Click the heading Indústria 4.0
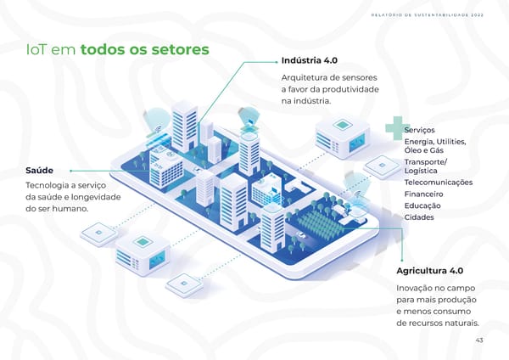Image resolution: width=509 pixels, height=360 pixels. click(310, 60)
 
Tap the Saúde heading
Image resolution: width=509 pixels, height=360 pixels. click(39, 171)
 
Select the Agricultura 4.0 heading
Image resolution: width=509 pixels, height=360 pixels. click(429, 271)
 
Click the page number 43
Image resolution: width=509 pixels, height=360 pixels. click(479, 340)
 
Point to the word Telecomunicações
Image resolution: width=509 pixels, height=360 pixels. click(439, 183)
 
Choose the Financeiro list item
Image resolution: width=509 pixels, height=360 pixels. click(423, 194)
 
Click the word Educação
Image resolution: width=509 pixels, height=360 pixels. click(422, 205)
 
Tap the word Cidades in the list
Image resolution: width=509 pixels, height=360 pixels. click(419, 217)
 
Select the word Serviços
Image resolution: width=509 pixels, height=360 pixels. click(419, 130)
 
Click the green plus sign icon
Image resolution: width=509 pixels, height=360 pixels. click(395, 127)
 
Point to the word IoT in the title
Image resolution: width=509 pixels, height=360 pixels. click(37, 50)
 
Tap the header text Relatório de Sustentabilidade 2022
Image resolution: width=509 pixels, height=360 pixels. click(428, 15)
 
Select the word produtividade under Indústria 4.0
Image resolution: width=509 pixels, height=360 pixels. click(350, 89)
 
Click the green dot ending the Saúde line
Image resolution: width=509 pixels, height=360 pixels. click(70, 171)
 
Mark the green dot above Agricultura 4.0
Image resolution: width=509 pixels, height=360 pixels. click(402, 260)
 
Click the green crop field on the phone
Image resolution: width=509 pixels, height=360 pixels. click(320, 222)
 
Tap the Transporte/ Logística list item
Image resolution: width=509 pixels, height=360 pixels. click(426, 166)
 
